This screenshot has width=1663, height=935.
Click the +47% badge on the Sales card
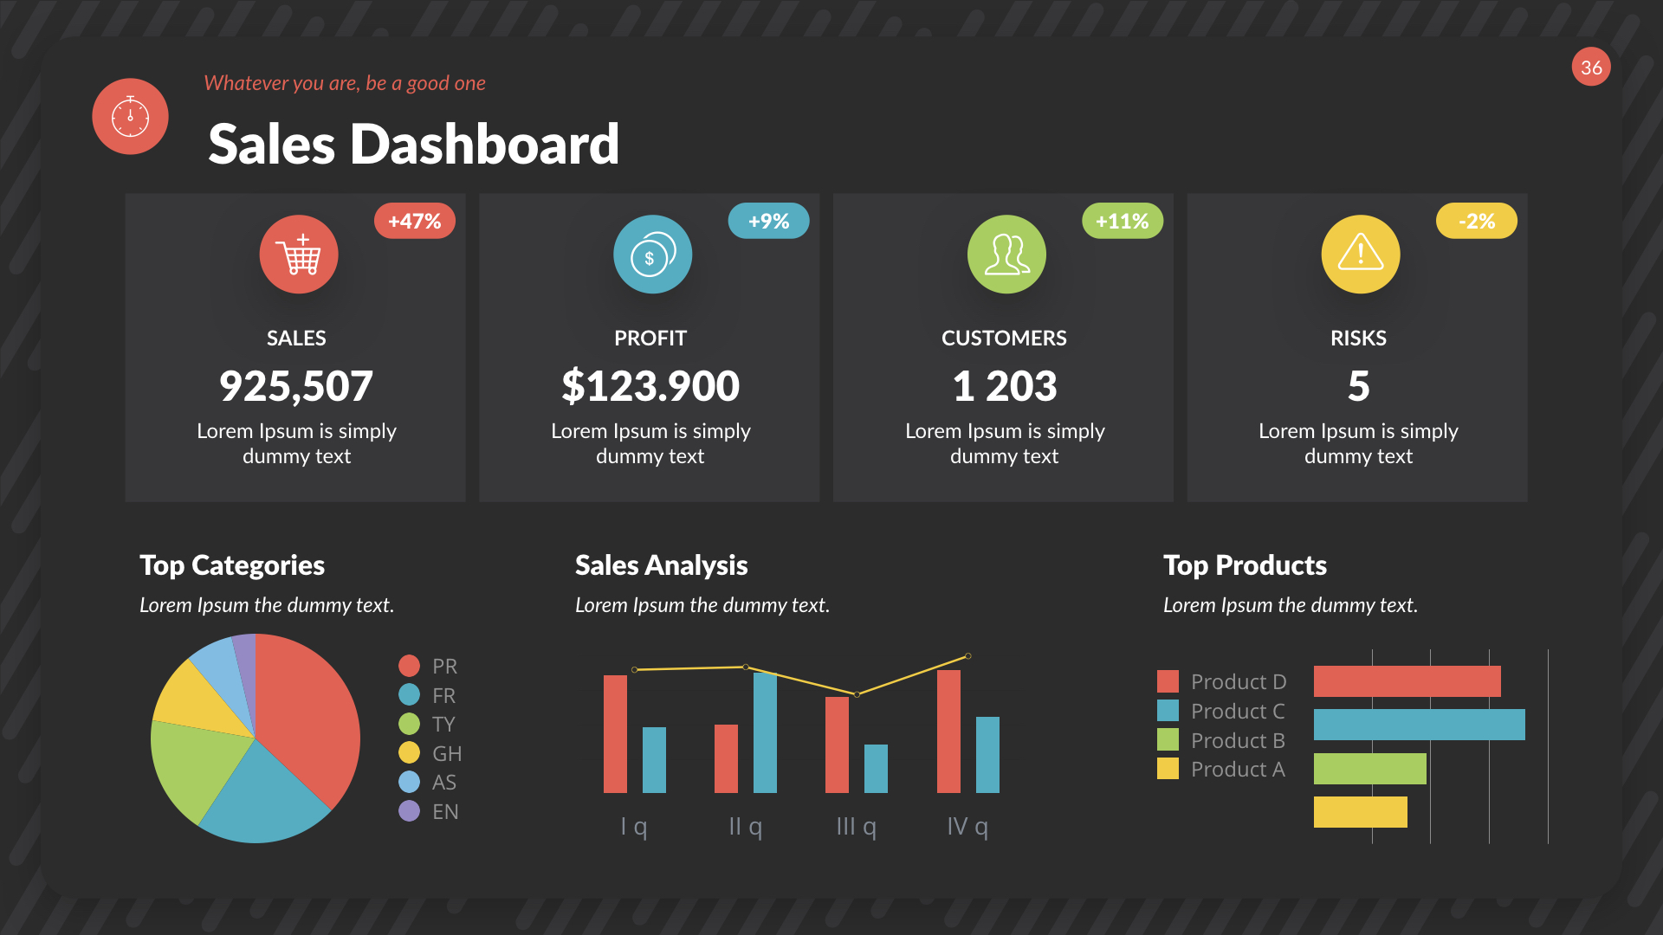[414, 221]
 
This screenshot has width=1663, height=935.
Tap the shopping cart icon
[299, 255]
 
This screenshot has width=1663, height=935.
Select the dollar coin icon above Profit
[652, 255]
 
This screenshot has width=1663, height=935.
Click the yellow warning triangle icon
[1360, 255]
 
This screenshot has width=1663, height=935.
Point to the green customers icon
[1006, 255]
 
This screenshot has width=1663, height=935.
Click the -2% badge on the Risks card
[1476, 221]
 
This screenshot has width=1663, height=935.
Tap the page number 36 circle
[1591, 68]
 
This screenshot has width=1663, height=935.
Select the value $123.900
[650, 386]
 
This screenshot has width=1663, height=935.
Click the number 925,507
[296, 386]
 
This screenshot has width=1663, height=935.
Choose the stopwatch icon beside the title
[130, 117]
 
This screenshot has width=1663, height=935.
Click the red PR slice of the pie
[307, 710]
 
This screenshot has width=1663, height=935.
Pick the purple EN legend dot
[409, 811]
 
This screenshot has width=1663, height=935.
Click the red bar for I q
[615, 733]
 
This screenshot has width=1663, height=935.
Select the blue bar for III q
[876, 769]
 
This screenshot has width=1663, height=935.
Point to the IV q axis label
[967, 827]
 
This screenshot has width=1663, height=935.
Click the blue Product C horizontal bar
[1419, 725]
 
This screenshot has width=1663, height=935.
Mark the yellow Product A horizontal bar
[1360, 812]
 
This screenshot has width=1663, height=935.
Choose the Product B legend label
[1238, 741]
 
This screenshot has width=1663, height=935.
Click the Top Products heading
[1245, 565]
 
